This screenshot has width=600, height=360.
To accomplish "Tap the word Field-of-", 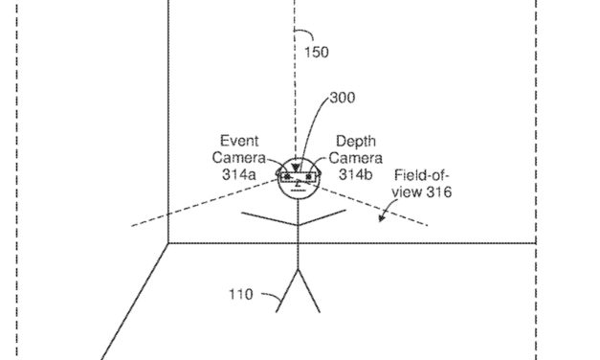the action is [x=422, y=176].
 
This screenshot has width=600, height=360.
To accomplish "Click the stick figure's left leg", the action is [x=286, y=291].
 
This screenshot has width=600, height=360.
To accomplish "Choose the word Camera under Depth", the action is [x=357, y=157].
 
